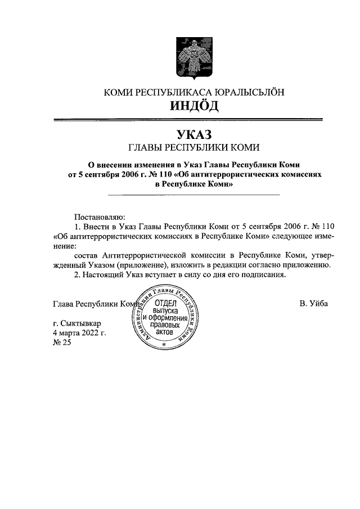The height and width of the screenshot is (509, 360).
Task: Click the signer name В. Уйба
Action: [x=313, y=304]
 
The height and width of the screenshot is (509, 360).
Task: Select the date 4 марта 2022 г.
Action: [x=79, y=334]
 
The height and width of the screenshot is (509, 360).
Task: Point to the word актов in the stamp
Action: [x=165, y=332]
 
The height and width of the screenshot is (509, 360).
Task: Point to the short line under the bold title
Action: [x=193, y=195]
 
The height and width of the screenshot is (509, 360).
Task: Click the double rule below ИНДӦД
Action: [x=187, y=119]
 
